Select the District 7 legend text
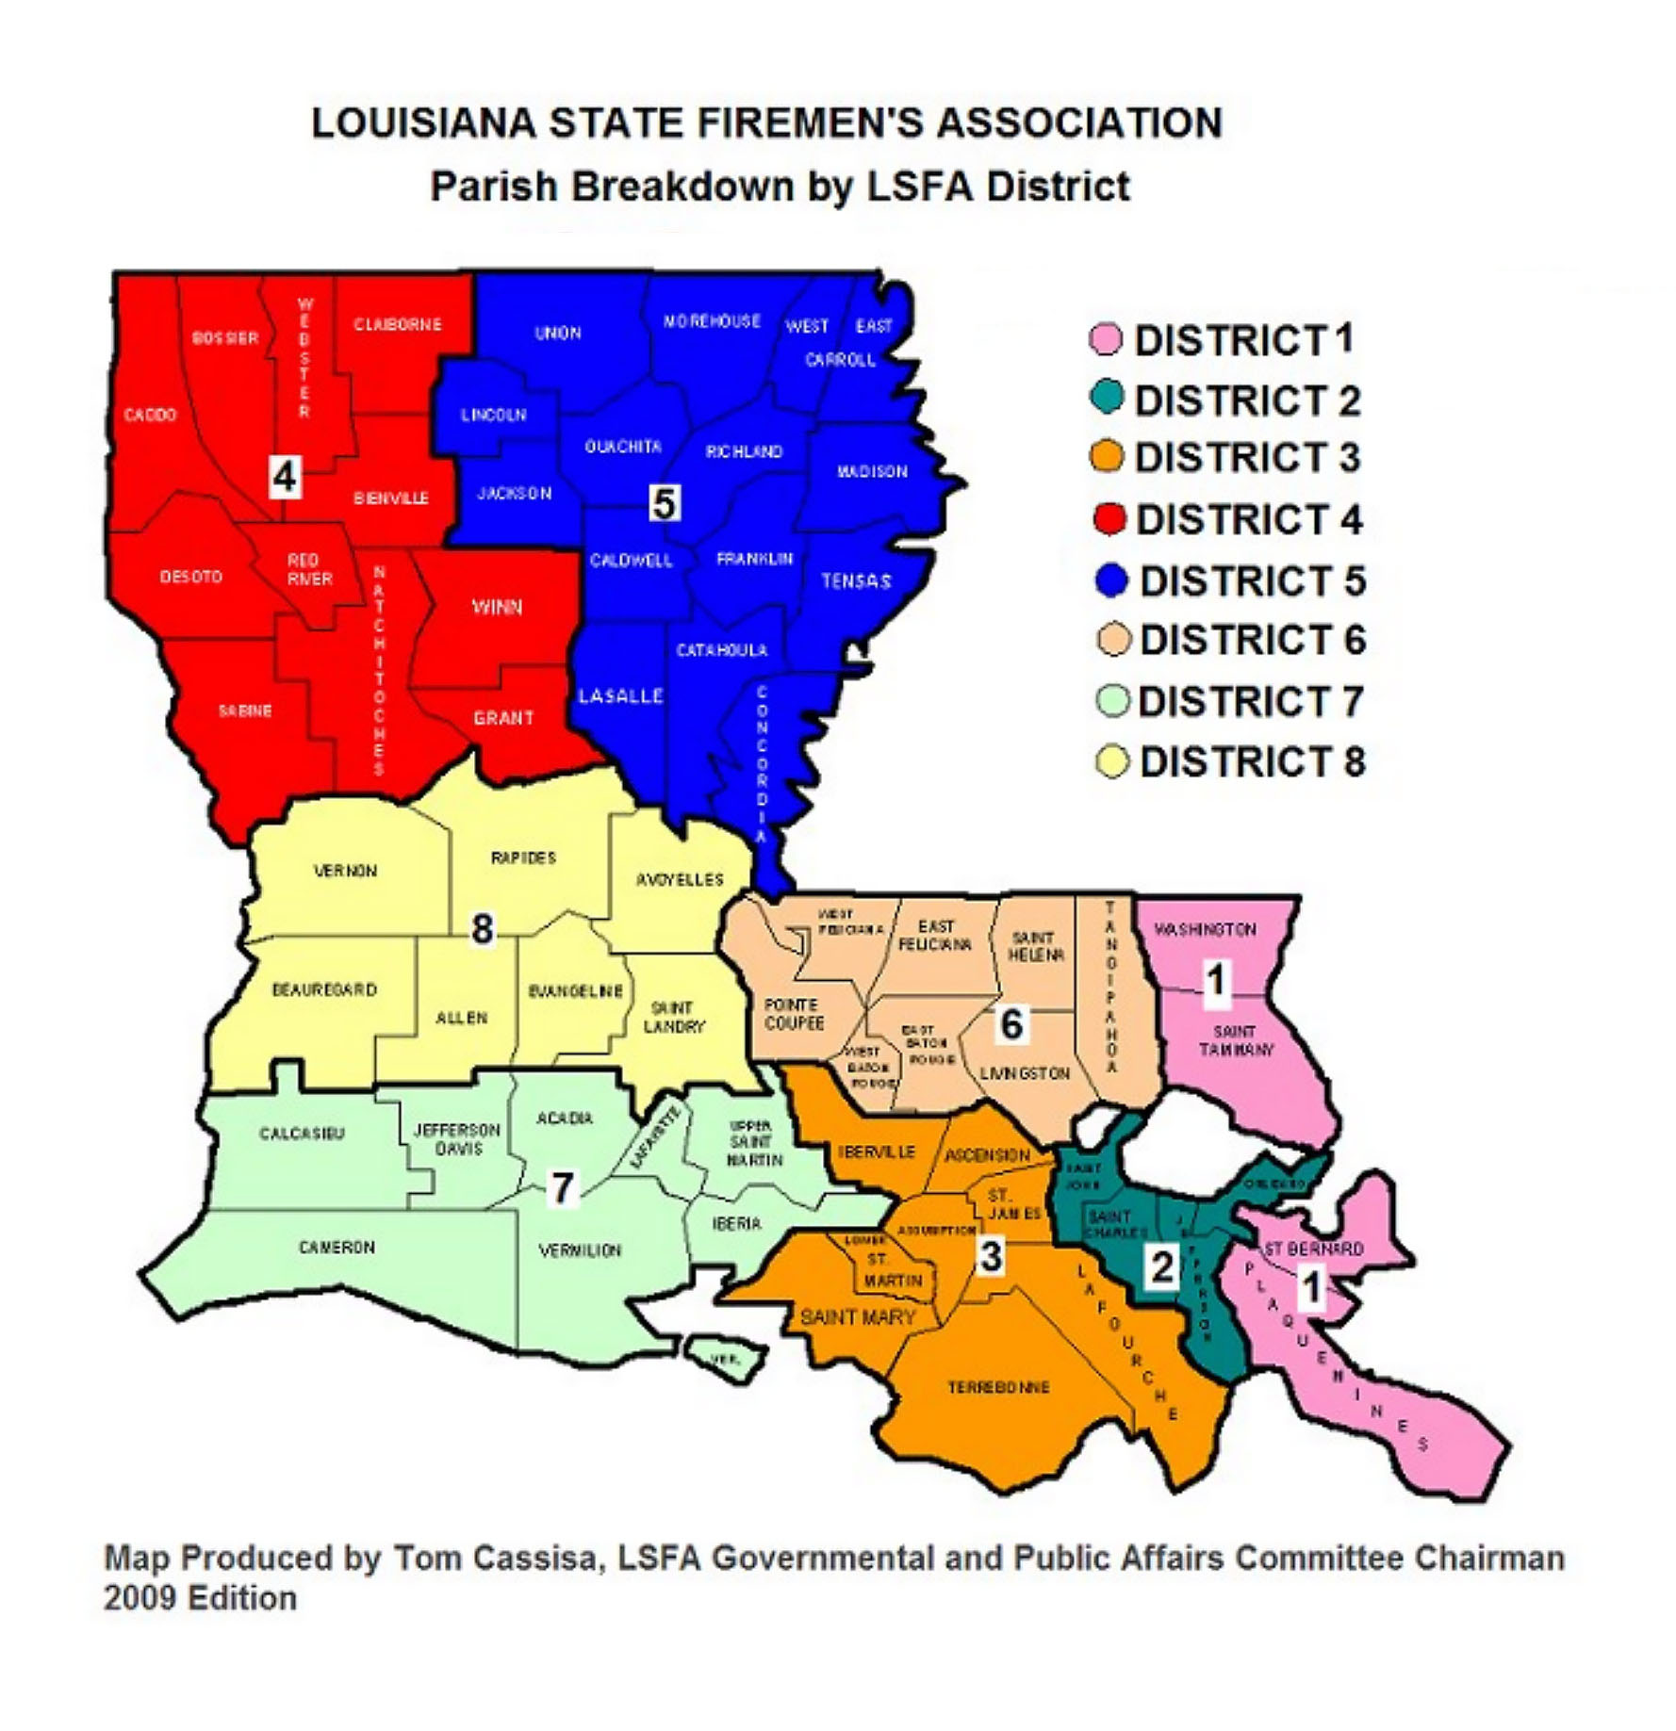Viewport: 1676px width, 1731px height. click(x=1250, y=701)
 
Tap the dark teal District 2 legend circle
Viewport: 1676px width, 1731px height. click(x=1109, y=397)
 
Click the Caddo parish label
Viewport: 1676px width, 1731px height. click(x=150, y=415)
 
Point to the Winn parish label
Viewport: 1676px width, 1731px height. click(x=497, y=607)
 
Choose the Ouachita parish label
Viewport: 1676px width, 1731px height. click(x=623, y=447)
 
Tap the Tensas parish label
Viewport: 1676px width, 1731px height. click(x=856, y=580)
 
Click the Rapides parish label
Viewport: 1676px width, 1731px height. click(x=523, y=857)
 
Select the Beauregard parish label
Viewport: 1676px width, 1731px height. click(x=324, y=989)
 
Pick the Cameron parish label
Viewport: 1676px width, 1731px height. click(x=337, y=1247)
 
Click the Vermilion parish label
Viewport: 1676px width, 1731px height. click(x=580, y=1250)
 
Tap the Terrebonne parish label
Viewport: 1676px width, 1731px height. click(x=998, y=1387)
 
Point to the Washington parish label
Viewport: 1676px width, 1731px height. click(x=1206, y=929)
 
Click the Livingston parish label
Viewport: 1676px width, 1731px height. click(x=1025, y=1073)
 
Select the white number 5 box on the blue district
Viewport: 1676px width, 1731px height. click(x=664, y=503)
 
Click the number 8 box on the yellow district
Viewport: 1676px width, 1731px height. click(x=482, y=929)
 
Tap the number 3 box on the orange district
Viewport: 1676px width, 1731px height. click(x=991, y=1255)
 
